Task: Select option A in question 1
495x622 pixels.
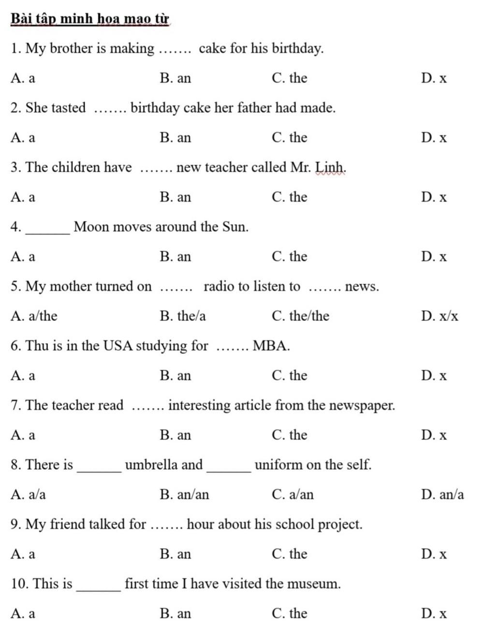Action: (23, 78)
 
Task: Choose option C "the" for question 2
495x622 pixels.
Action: (290, 138)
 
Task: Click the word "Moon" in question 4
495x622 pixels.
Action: (91, 227)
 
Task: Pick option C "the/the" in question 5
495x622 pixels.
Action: (301, 316)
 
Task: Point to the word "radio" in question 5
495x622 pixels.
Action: (220, 287)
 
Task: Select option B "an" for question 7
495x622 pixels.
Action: (175, 435)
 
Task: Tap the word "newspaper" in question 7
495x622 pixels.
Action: (361, 405)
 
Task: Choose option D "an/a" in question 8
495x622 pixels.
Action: (442, 494)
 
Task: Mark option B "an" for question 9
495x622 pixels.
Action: (175, 554)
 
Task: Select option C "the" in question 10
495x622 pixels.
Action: (290, 613)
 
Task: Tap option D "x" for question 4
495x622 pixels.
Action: (434, 257)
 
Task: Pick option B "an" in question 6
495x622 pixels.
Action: (175, 376)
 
